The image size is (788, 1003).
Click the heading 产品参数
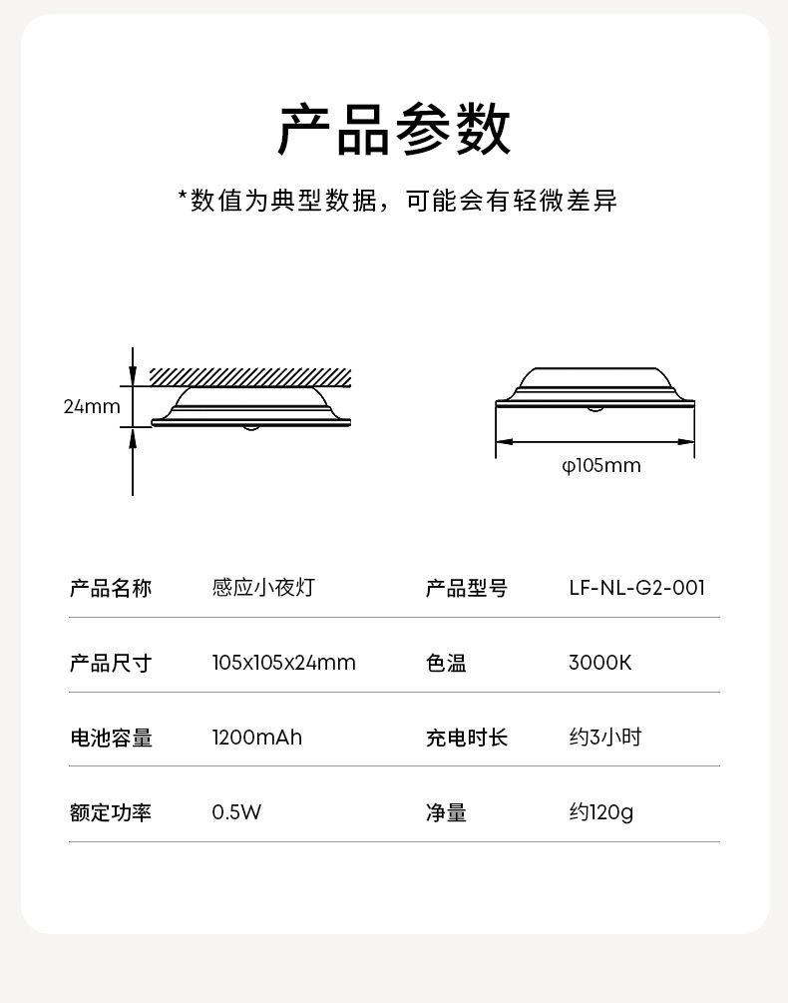click(393, 130)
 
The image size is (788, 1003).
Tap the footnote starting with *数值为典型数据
click(397, 201)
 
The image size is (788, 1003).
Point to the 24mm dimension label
click(92, 406)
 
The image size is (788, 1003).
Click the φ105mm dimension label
click(600, 465)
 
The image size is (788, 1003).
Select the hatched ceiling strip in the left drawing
click(250, 376)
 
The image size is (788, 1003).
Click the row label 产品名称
click(111, 588)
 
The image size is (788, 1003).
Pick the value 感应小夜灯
click(263, 588)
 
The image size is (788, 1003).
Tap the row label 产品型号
click(467, 588)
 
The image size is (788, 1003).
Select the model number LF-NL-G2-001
click(636, 588)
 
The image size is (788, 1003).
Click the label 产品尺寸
click(111, 663)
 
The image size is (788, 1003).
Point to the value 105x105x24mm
click(283, 663)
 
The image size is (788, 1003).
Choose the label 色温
click(446, 663)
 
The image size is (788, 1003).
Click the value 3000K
click(599, 663)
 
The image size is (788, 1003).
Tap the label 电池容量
click(111, 738)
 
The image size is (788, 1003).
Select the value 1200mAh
click(256, 738)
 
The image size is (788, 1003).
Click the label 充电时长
click(467, 738)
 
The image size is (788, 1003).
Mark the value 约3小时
click(604, 738)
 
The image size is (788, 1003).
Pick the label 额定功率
click(111, 812)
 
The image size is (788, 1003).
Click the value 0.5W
click(236, 812)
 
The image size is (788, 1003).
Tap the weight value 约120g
click(600, 812)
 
